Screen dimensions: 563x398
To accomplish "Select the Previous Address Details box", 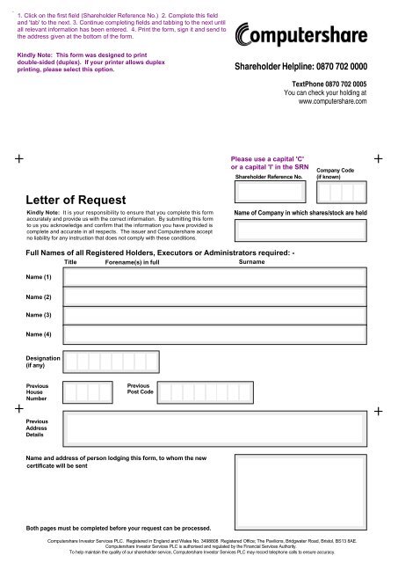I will (x=214, y=428).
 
